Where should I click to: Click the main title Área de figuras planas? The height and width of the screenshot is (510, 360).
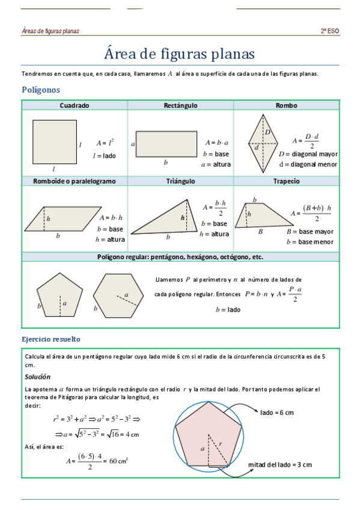180,54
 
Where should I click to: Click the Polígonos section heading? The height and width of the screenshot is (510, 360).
41,90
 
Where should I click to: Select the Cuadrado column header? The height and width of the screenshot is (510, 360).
75,105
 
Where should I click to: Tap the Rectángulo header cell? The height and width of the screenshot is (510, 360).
180,105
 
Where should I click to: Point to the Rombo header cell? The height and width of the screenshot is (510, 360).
286,105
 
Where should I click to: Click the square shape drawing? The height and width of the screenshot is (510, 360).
54,142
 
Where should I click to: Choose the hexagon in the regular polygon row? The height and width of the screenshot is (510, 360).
118,294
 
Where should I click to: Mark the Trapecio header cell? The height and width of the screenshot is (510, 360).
286,181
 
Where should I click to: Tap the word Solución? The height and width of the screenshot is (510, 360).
37,376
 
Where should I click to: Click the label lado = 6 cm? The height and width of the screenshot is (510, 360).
277,413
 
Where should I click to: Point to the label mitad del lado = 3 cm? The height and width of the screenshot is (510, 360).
280,465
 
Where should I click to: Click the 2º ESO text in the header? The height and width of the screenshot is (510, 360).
329,31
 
